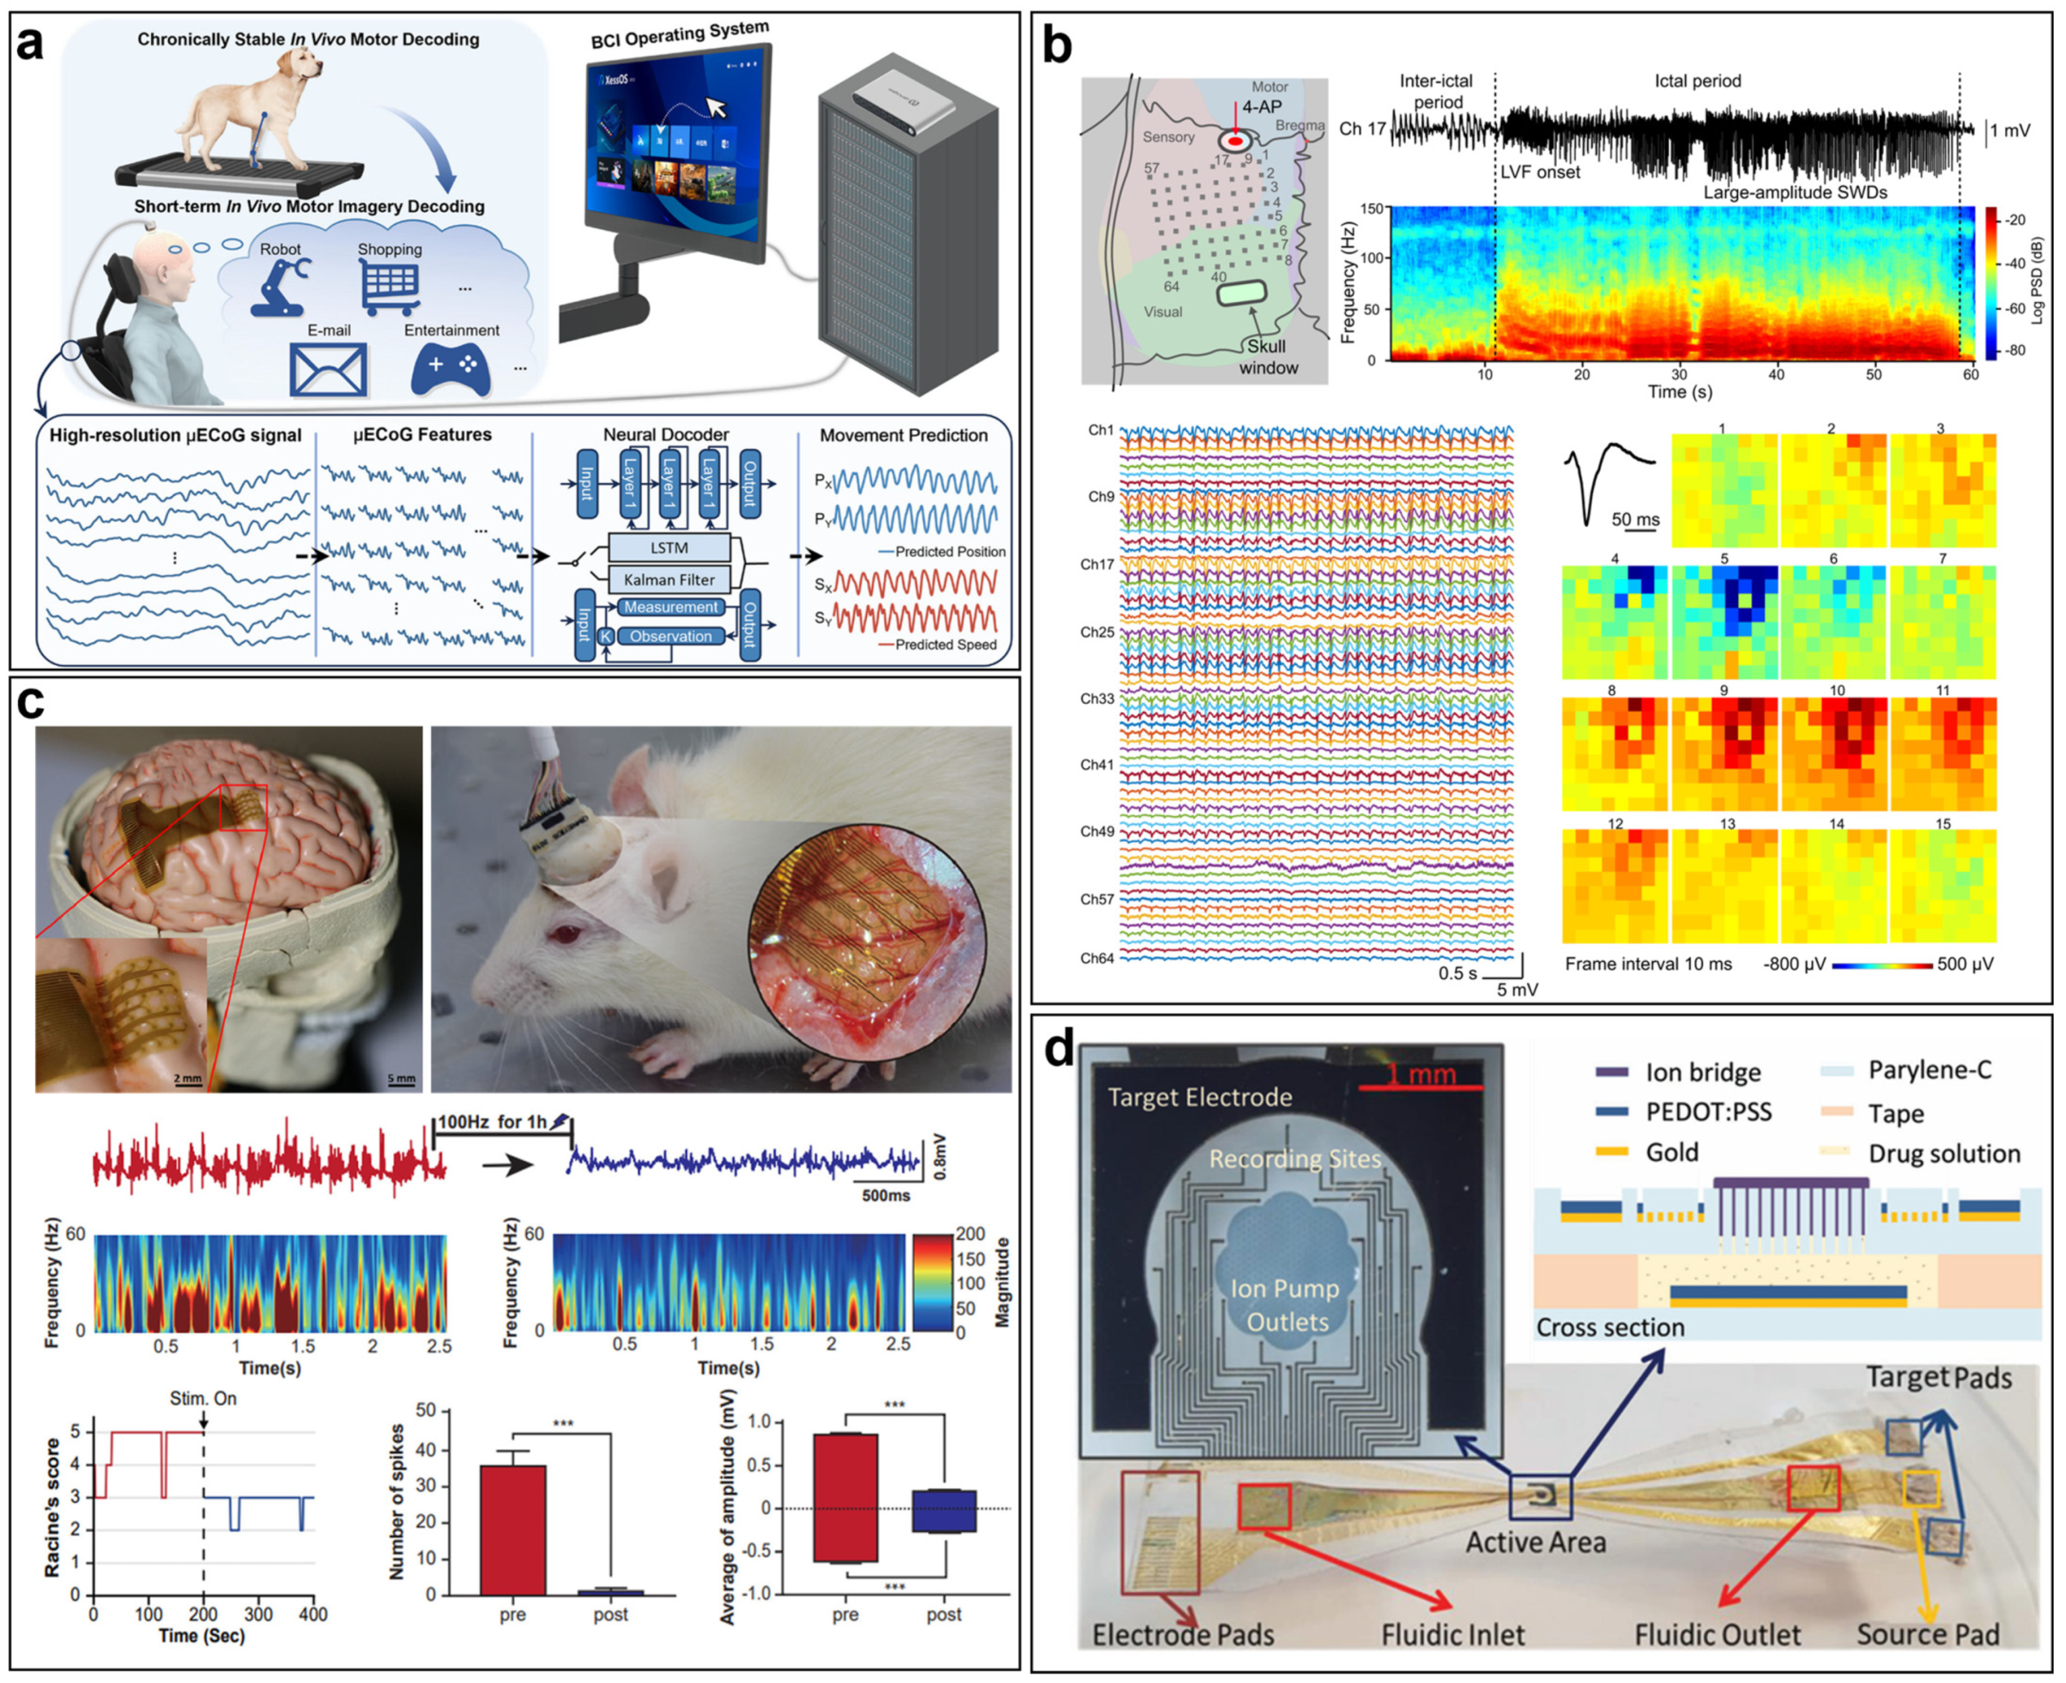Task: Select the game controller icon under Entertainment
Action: tap(452, 368)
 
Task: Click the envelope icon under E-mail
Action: tap(328, 370)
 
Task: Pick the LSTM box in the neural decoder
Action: tap(669, 548)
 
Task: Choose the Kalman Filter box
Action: tap(669, 580)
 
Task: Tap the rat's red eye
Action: tap(562, 934)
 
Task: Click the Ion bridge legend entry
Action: tap(1701, 1072)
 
